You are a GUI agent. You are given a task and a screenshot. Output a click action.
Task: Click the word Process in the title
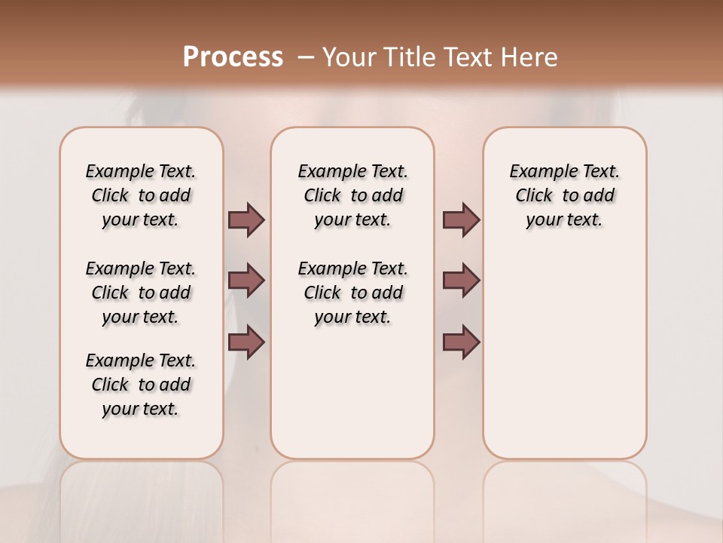tap(233, 57)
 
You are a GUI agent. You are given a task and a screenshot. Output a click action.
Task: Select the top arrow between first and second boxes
tap(246, 219)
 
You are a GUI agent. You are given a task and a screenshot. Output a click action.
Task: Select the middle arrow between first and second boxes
tap(246, 281)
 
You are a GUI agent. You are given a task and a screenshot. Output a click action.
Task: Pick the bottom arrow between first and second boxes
tap(246, 342)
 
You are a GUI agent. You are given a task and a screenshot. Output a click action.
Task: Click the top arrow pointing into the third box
tap(461, 219)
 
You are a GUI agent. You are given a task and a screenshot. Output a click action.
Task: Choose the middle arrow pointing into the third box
tap(461, 281)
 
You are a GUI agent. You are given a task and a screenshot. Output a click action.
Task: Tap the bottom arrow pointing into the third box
tap(461, 342)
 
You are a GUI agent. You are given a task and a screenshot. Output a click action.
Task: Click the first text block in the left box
tap(141, 195)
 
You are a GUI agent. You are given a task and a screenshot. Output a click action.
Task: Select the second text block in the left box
tap(141, 293)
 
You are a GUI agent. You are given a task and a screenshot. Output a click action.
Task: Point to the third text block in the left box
tap(141, 385)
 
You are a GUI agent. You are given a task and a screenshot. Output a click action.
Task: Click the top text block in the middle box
tap(352, 195)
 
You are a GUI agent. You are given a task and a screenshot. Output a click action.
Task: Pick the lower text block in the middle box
tap(352, 293)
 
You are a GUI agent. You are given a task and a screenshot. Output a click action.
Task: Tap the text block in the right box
tap(564, 195)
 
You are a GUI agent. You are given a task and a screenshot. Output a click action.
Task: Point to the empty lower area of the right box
tap(564, 354)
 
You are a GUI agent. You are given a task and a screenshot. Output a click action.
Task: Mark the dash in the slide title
tap(306, 57)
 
